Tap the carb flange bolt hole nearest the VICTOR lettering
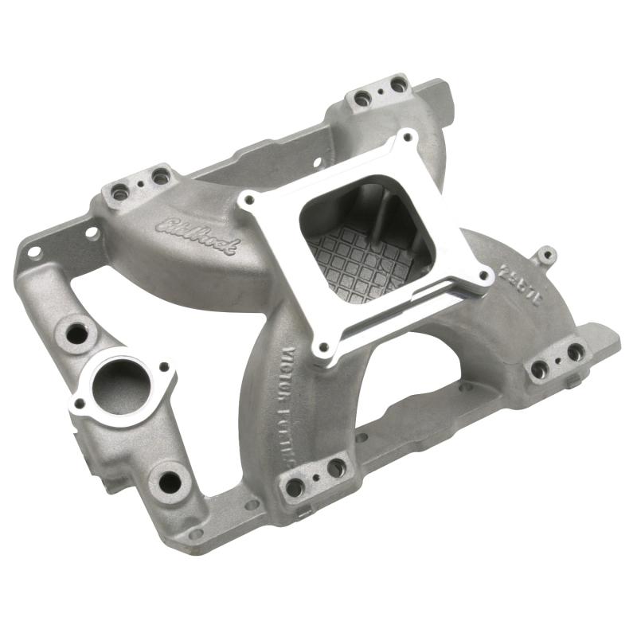pos(322,348)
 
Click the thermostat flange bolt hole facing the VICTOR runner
pos(165,367)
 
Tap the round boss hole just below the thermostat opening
pos(168,482)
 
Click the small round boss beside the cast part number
pos(545,256)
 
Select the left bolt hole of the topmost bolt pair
pos(363,99)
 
